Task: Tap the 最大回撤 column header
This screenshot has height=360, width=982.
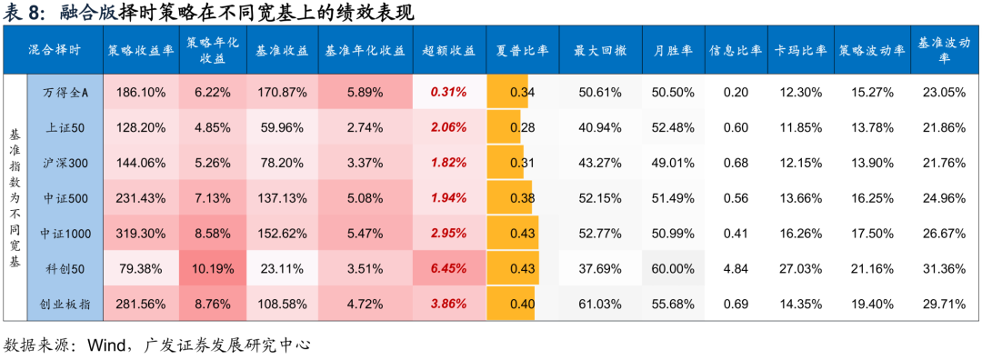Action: pyautogui.click(x=598, y=50)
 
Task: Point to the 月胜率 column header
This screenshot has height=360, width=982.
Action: pyautogui.click(x=673, y=50)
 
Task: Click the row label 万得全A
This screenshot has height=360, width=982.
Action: pyautogui.click(x=65, y=92)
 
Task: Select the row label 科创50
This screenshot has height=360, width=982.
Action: pyautogui.click(x=65, y=268)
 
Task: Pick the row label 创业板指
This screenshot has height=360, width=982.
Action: pyautogui.click(x=65, y=303)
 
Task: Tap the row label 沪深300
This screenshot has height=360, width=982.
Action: pyautogui.click(x=65, y=163)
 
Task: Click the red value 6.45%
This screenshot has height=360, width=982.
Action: pyautogui.click(x=449, y=268)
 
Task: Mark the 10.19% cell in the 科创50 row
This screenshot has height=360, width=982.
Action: pyautogui.click(x=214, y=268)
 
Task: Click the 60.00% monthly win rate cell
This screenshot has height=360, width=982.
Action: pyautogui.click(x=673, y=268)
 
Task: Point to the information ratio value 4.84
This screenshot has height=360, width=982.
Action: pyautogui.click(x=736, y=268)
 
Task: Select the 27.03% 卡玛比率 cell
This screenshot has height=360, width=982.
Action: pyautogui.click(x=798, y=268)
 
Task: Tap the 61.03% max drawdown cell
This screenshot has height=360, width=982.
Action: pyautogui.click(x=598, y=303)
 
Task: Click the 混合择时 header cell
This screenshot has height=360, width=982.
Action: pyautogui.click(x=54, y=50)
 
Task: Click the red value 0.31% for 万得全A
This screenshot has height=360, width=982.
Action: pyautogui.click(x=449, y=92)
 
